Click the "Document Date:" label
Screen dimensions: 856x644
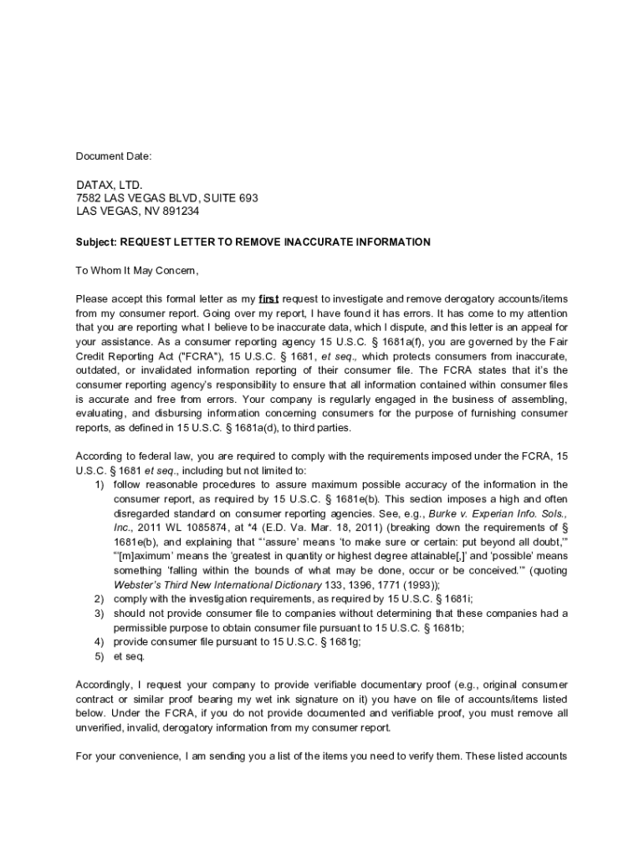tap(114, 156)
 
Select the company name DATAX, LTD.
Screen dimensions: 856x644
tap(110, 185)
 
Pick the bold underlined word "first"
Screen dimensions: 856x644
tap(268, 299)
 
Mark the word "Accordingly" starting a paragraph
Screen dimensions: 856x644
tap(106, 685)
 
